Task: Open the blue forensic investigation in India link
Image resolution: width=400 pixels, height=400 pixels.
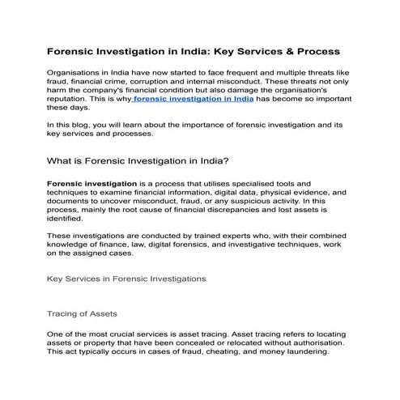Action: [x=194, y=99]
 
